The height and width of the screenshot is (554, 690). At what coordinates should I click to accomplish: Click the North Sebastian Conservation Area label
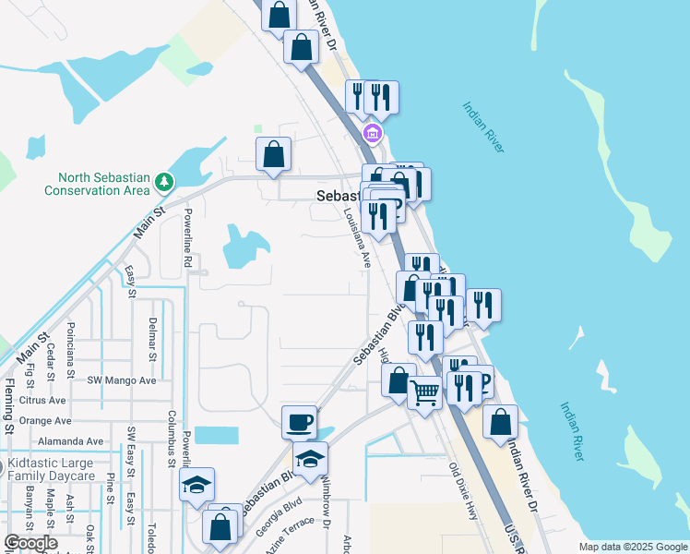(x=97, y=184)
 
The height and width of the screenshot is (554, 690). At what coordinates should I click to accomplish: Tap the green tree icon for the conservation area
(x=164, y=181)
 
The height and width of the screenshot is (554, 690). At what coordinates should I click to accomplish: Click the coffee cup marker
(x=299, y=422)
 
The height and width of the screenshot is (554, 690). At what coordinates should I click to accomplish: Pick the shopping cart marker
(x=424, y=392)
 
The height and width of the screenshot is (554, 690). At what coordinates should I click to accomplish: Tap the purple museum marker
(x=372, y=135)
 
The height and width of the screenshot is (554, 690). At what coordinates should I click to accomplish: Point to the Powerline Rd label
(x=187, y=238)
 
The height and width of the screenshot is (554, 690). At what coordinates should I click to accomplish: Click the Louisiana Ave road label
(x=357, y=236)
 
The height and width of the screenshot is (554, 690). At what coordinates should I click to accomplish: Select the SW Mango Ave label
(x=122, y=380)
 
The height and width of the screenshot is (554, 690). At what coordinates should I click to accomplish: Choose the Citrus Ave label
(x=42, y=401)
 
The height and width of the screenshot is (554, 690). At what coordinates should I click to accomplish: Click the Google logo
(x=30, y=544)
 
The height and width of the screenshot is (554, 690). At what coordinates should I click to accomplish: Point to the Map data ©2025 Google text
(x=632, y=547)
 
